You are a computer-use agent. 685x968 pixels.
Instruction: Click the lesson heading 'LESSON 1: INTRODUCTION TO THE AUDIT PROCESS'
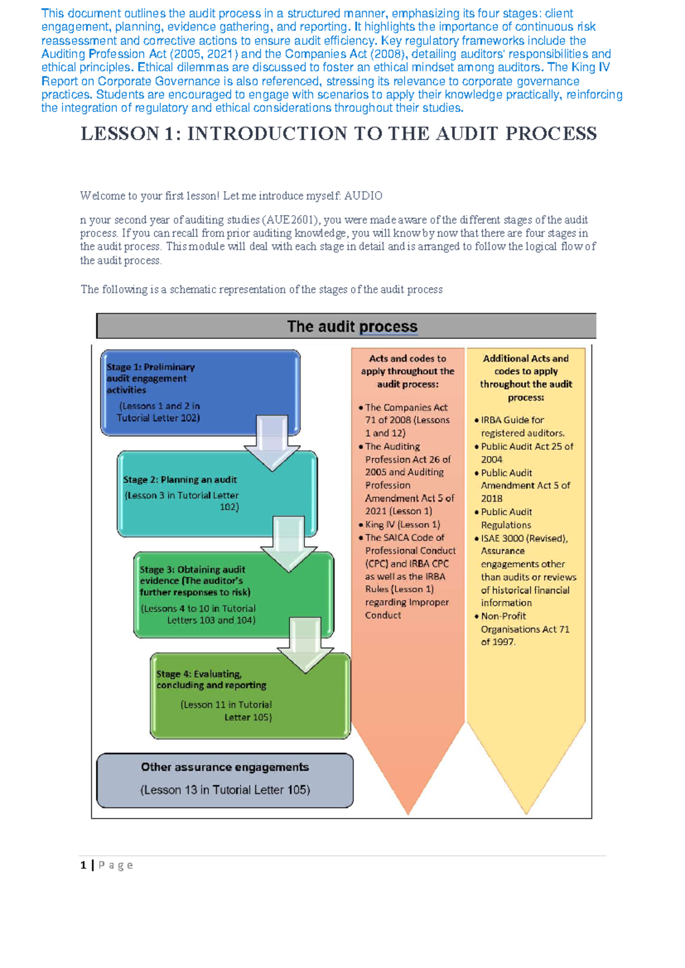339,134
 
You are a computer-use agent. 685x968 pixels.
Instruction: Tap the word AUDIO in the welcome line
363,196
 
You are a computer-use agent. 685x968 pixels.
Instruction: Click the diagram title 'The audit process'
352,326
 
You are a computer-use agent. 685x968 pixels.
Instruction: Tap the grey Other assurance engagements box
225,780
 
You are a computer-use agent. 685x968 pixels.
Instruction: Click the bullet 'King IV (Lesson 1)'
402,525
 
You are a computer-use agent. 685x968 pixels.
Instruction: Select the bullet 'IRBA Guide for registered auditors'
522,426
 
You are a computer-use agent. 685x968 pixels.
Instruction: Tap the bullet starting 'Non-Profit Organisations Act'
525,629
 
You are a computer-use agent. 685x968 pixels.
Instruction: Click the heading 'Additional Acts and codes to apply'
526,377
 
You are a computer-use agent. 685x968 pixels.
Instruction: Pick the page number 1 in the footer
83,865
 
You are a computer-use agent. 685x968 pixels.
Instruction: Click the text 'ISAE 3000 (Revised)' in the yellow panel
523,538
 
